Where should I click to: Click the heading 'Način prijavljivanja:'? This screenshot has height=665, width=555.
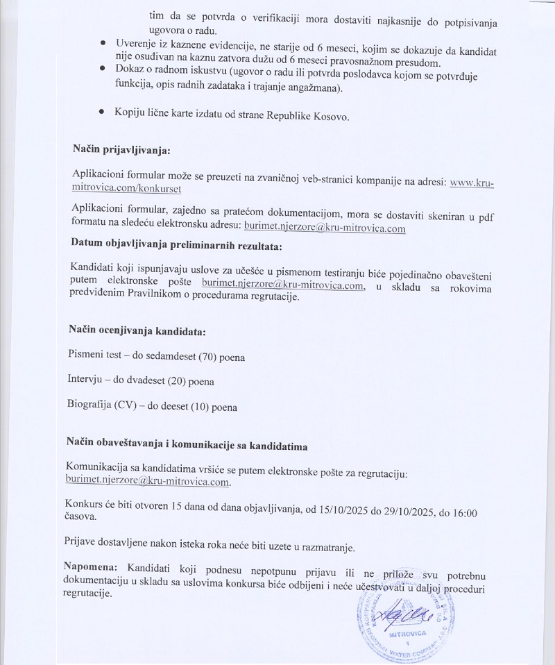(x=121, y=150)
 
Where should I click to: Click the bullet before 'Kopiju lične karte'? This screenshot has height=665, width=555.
(x=102, y=112)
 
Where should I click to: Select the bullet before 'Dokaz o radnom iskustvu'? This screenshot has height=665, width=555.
(x=102, y=69)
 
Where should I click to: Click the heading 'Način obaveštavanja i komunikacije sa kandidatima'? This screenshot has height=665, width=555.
(x=187, y=443)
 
